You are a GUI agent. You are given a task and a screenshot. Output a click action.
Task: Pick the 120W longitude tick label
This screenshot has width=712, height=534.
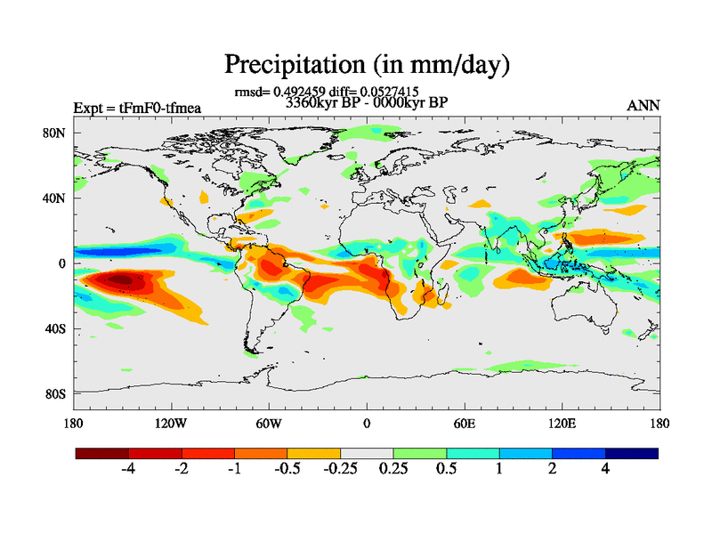pos(170,423)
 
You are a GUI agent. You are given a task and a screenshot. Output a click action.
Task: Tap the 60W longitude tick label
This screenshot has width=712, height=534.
pos(268,423)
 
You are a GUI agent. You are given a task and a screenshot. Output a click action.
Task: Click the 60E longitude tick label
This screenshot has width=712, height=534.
pos(464,423)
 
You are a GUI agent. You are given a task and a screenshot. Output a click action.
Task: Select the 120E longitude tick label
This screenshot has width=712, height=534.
pos(562,423)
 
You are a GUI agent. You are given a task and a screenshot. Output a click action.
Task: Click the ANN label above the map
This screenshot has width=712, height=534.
pos(643,106)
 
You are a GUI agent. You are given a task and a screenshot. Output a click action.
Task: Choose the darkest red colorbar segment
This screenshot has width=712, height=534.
pos(102,453)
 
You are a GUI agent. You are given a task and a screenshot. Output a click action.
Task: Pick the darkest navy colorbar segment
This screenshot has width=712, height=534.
pos(632,453)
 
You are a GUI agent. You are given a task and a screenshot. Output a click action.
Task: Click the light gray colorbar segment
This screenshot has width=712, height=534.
pos(367,453)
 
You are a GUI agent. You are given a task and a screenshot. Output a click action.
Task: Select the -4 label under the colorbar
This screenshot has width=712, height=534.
pos(127,471)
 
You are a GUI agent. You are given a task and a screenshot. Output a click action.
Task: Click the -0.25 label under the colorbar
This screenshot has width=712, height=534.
pos(337,471)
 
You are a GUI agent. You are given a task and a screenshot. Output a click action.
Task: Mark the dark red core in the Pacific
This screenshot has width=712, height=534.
pos(119,279)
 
